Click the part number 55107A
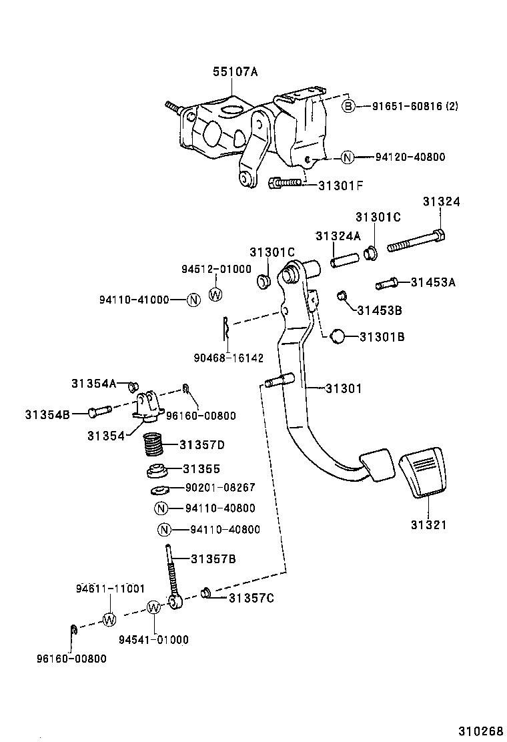(235, 72)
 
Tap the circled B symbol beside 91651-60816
(349, 106)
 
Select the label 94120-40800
(410, 157)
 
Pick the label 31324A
(338, 236)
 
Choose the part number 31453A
(433, 282)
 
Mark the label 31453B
(379, 310)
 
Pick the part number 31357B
(213, 559)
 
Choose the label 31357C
(251, 597)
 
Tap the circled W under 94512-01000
(216, 294)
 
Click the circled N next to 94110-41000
(193, 300)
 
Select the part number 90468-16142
(229, 358)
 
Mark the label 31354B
(47, 414)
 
